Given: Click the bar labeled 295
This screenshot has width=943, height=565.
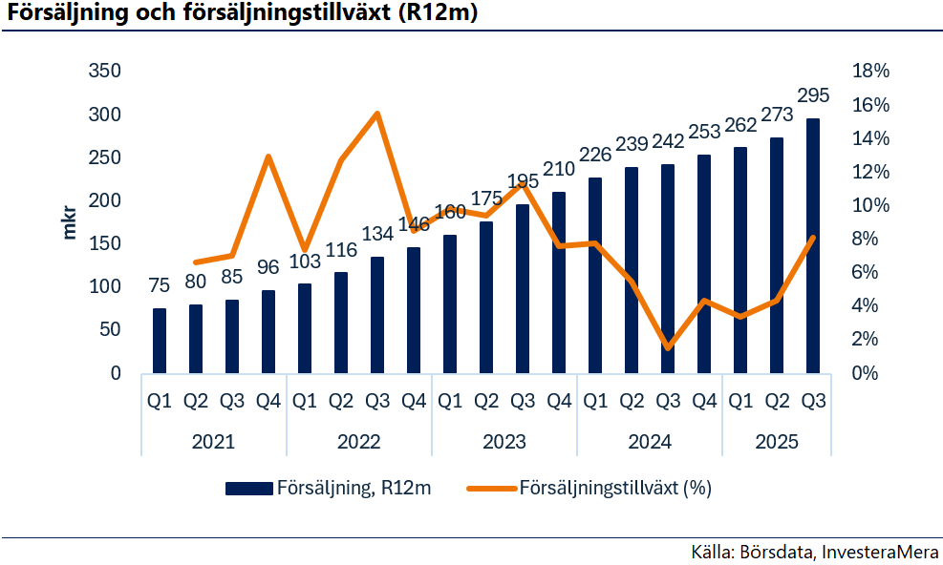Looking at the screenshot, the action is tap(812, 246).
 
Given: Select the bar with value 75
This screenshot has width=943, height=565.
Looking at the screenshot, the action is tap(160, 341).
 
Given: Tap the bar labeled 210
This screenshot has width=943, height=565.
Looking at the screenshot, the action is tap(559, 282).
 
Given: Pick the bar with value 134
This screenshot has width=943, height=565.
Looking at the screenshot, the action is tap(377, 315).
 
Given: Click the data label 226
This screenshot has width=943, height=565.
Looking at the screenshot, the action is tap(595, 155).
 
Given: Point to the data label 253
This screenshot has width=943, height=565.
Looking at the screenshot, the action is tap(704, 131).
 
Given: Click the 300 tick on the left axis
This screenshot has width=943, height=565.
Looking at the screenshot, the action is tap(105, 115).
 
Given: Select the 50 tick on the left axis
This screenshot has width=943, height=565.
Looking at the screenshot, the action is tap(110, 329).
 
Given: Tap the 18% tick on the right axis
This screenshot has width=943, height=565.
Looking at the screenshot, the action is tap(870, 71).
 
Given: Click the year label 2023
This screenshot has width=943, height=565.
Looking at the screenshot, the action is tap(504, 442).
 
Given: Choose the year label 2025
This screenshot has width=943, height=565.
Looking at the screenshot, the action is tap(777, 442).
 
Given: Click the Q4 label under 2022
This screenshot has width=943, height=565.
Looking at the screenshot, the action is tap(414, 400).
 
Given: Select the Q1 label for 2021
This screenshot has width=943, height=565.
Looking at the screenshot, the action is tap(160, 400).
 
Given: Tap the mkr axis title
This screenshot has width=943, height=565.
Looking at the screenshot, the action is tap(70, 223).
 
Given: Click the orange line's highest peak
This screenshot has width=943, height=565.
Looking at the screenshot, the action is tap(377, 113).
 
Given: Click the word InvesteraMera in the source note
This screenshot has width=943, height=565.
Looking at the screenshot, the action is tap(879, 552).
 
